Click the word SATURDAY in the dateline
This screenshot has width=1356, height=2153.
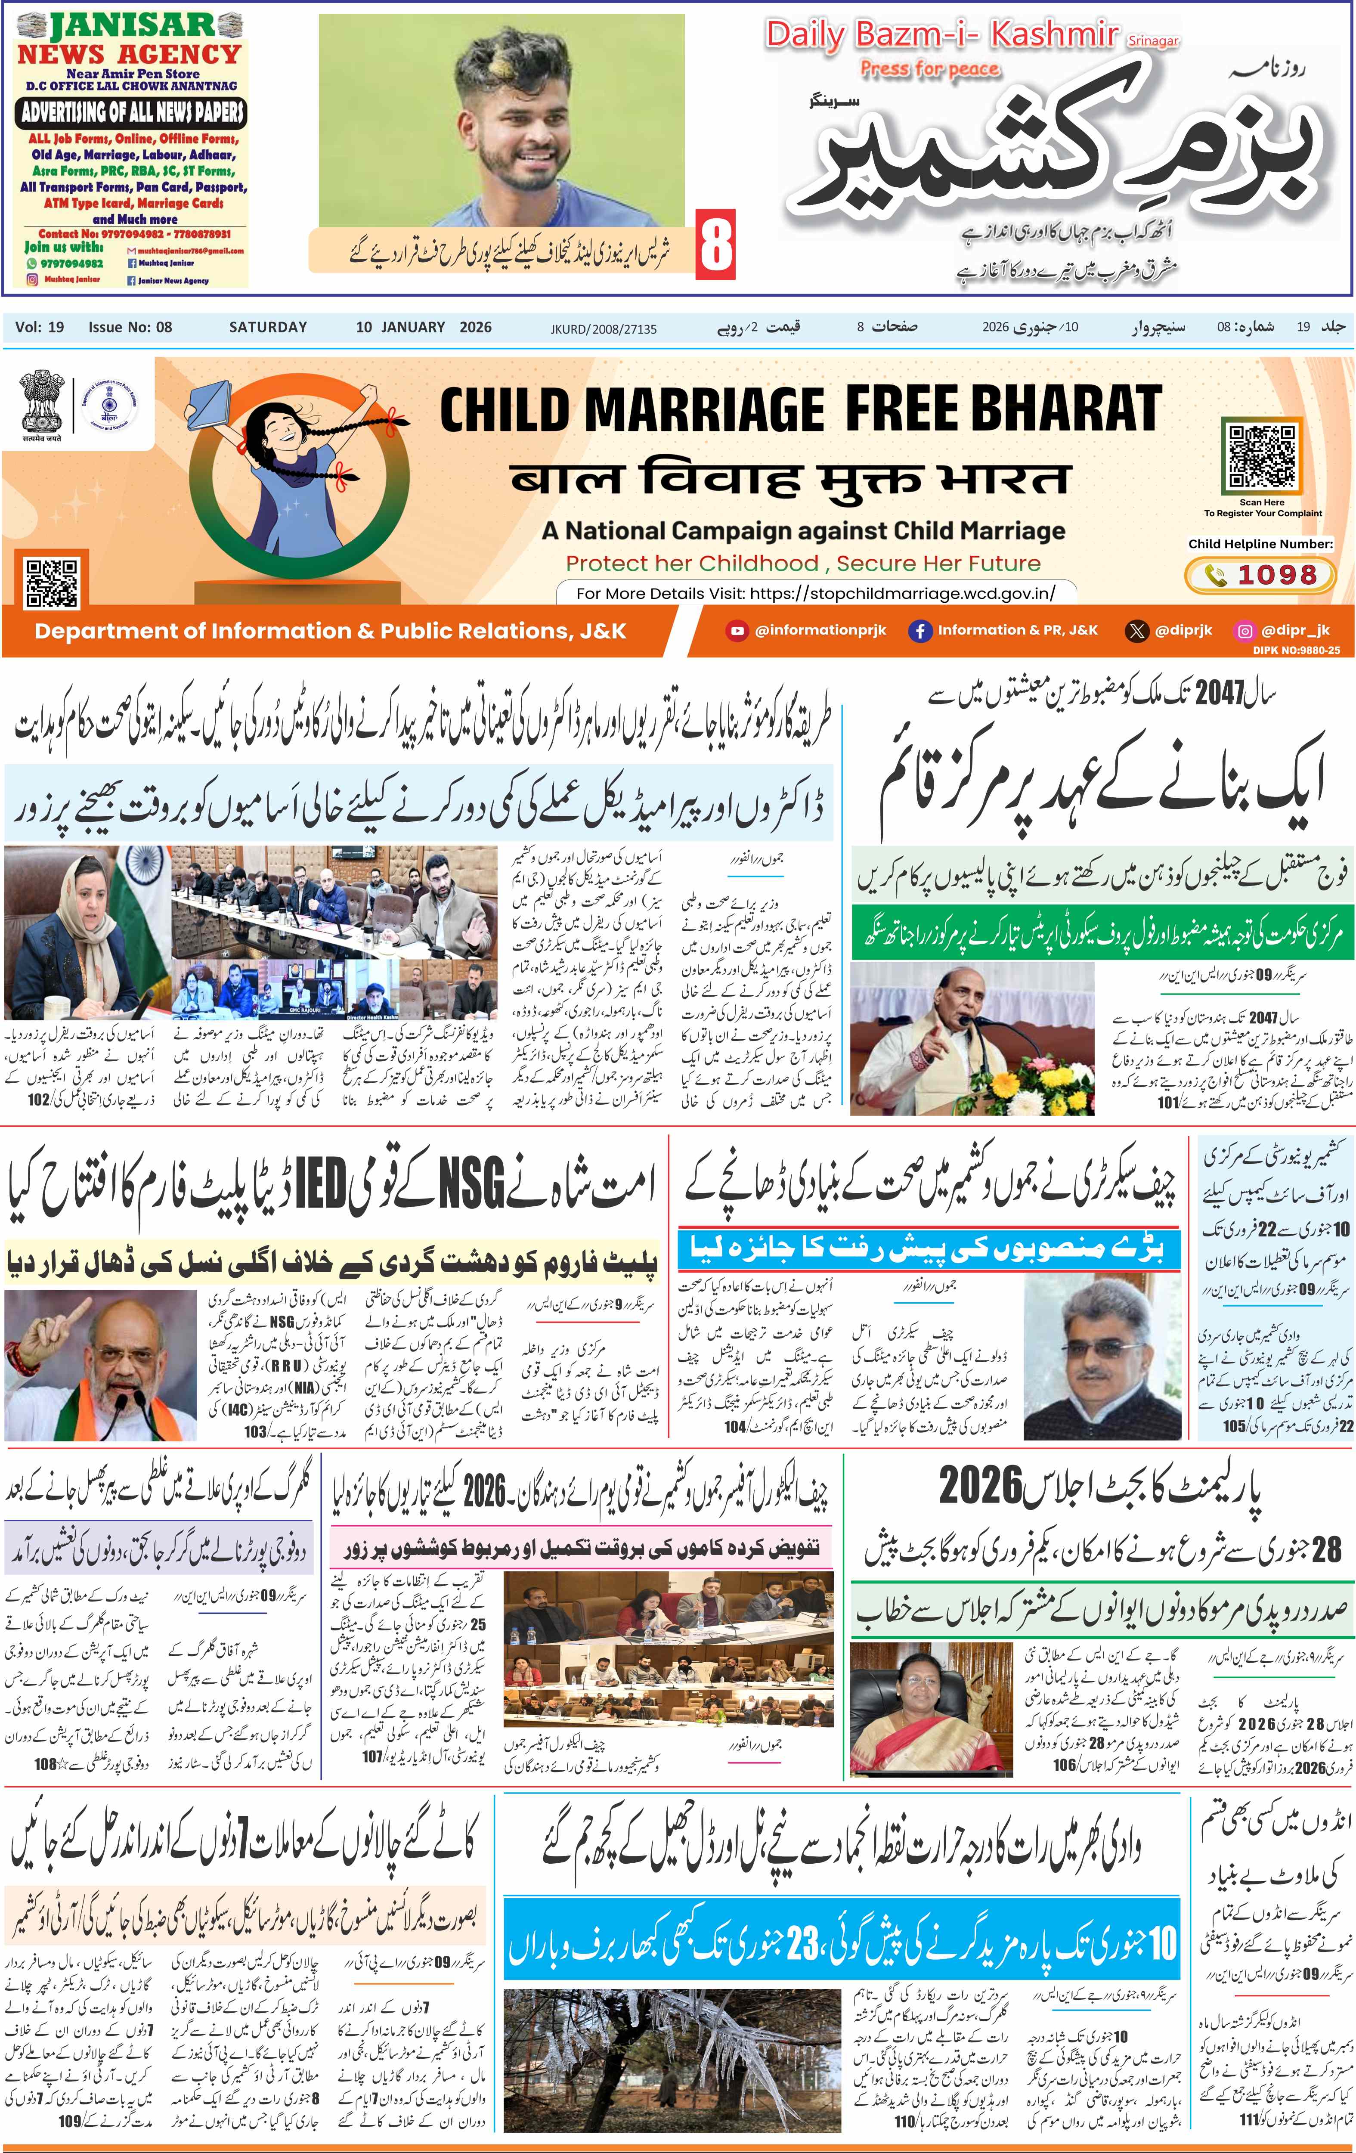click(267, 327)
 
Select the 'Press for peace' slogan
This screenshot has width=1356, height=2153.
click(930, 69)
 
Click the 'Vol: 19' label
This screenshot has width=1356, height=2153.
click(39, 327)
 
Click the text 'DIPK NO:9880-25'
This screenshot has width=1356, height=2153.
click(1295, 650)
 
